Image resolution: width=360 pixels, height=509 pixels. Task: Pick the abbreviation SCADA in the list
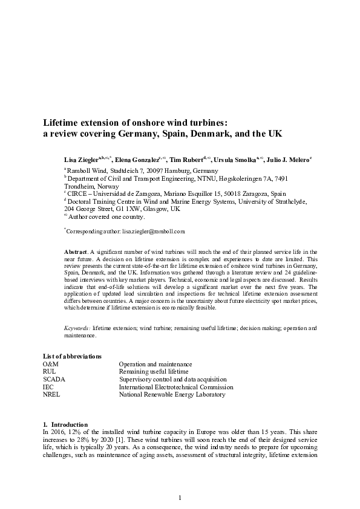point(54,379)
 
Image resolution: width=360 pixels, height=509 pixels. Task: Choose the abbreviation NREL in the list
point(52,395)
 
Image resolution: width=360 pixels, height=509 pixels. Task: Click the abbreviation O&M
point(51,364)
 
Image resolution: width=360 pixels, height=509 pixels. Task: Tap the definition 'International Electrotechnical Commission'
point(175,387)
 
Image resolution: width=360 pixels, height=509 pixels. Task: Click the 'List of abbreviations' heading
point(72,356)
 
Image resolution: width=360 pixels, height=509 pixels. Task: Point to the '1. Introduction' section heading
point(65,424)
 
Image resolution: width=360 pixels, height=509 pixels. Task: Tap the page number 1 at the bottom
point(180,497)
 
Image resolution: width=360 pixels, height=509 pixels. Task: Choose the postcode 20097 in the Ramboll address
point(146,171)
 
